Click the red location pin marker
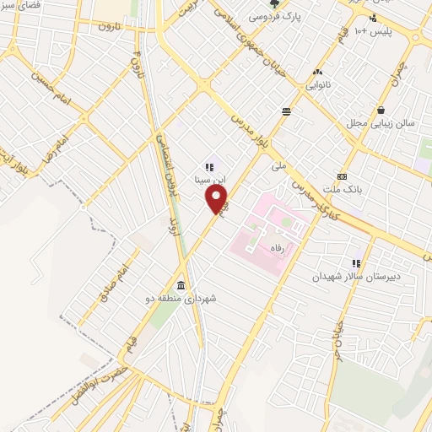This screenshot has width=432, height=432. click(217, 199)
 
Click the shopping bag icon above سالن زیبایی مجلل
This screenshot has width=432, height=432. click(381, 110)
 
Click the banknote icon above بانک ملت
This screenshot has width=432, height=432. click(341, 176)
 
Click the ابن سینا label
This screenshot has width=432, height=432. click(208, 180)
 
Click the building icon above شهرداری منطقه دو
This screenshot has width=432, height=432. click(182, 284)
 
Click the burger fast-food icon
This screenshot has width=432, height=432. click(287, 111)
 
